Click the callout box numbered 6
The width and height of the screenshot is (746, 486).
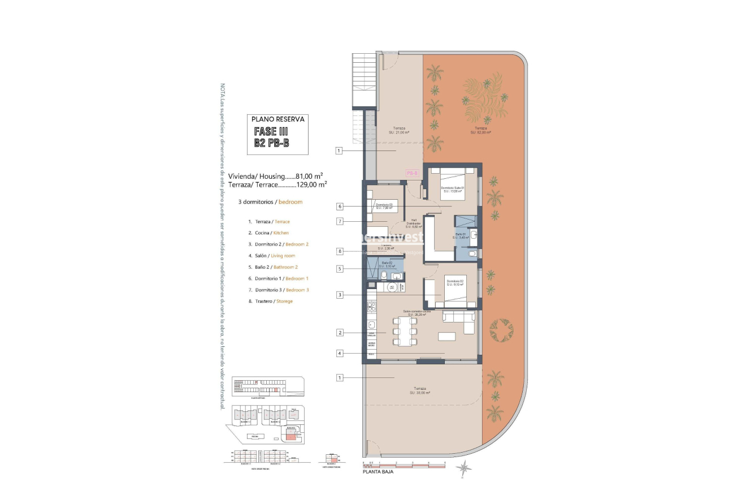point(340,207)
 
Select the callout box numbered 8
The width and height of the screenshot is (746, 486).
point(340,251)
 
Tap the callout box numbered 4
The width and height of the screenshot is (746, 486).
point(340,354)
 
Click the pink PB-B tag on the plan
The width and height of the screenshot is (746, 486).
point(411,174)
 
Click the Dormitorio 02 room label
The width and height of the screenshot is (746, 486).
point(454,283)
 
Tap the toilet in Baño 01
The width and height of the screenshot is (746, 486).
point(472,254)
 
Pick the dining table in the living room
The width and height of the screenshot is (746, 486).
point(404,331)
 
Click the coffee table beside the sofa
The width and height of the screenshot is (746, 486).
point(446,337)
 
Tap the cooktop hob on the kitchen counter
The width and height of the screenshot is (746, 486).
point(371,308)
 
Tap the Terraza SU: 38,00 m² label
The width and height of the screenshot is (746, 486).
point(419,391)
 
